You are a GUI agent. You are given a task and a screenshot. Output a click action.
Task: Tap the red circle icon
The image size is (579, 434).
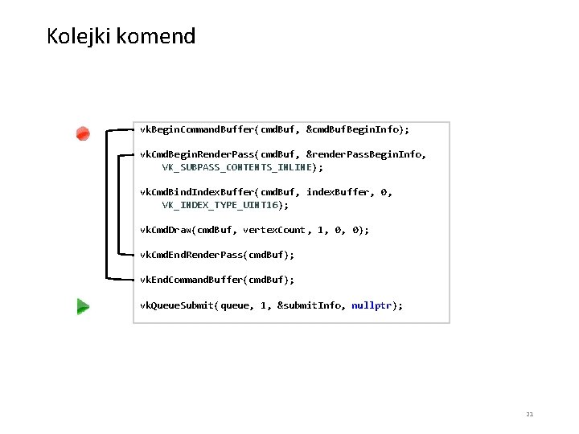pyautogui.click(x=83, y=133)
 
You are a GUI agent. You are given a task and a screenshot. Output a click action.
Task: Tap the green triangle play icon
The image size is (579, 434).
pyautogui.click(x=82, y=305)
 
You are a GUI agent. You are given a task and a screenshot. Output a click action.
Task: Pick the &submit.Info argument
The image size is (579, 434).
pyautogui.click(x=309, y=305)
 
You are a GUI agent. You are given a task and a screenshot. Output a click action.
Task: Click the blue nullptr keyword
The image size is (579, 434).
pyautogui.click(x=372, y=305)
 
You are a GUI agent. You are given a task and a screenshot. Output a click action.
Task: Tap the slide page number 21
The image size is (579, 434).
pyautogui.click(x=529, y=415)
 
